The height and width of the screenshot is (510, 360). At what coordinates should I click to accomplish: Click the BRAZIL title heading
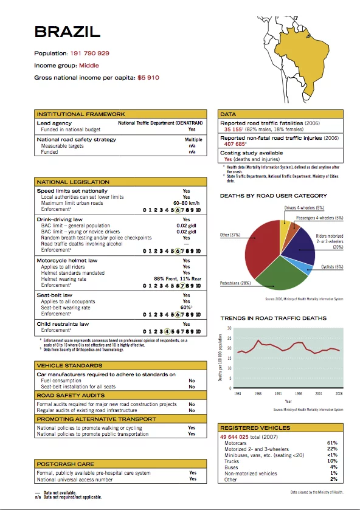click(x=67, y=32)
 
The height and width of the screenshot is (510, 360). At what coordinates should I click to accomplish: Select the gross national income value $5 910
click(x=148, y=78)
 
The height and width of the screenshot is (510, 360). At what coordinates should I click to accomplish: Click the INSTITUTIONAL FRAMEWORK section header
click(x=81, y=114)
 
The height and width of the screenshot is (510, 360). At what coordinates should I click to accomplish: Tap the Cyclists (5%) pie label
click(x=331, y=267)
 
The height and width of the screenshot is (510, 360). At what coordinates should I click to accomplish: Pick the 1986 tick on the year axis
click(x=258, y=394)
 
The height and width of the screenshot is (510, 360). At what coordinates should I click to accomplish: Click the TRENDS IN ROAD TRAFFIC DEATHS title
click(x=273, y=318)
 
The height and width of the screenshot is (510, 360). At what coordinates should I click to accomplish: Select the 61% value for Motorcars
click(x=332, y=443)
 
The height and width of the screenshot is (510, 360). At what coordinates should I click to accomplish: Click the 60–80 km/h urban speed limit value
click(x=186, y=203)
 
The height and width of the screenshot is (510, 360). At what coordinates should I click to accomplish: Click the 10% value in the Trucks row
click(x=332, y=461)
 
